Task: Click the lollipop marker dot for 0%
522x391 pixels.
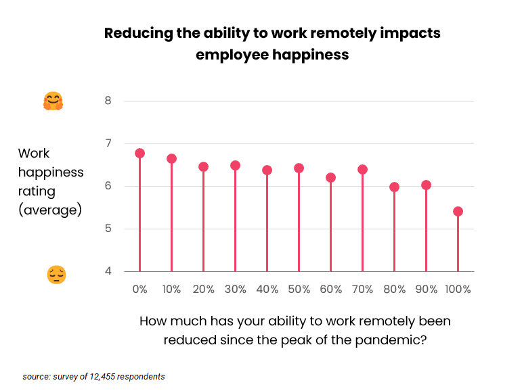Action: [140, 153]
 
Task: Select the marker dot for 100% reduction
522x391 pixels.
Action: [458, 211]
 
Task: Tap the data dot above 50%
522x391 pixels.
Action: [299, 168]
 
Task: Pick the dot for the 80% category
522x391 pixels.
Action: [394, 187]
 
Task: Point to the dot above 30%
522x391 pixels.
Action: [235, 165]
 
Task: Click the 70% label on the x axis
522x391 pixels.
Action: [362, 289]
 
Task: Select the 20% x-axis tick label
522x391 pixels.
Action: [203, 289]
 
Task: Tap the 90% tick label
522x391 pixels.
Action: [426, 289]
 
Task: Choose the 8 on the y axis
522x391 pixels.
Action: [108, 101]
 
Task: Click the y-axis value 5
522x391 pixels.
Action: [108, 229]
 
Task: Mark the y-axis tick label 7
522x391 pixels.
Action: [108, 143]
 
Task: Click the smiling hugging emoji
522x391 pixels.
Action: [53, 101]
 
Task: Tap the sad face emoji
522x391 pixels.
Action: [56, 275]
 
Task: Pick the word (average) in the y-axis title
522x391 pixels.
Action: [50, 210]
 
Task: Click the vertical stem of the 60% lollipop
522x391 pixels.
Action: [330, 227]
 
